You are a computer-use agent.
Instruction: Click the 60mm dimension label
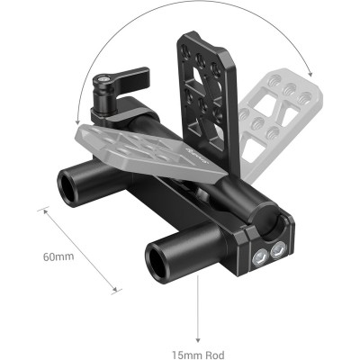tap(58, 257)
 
